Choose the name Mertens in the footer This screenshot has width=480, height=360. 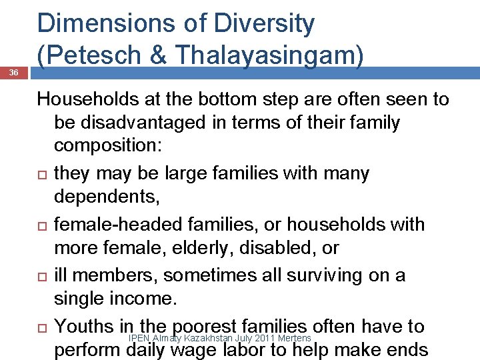(294, 339)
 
